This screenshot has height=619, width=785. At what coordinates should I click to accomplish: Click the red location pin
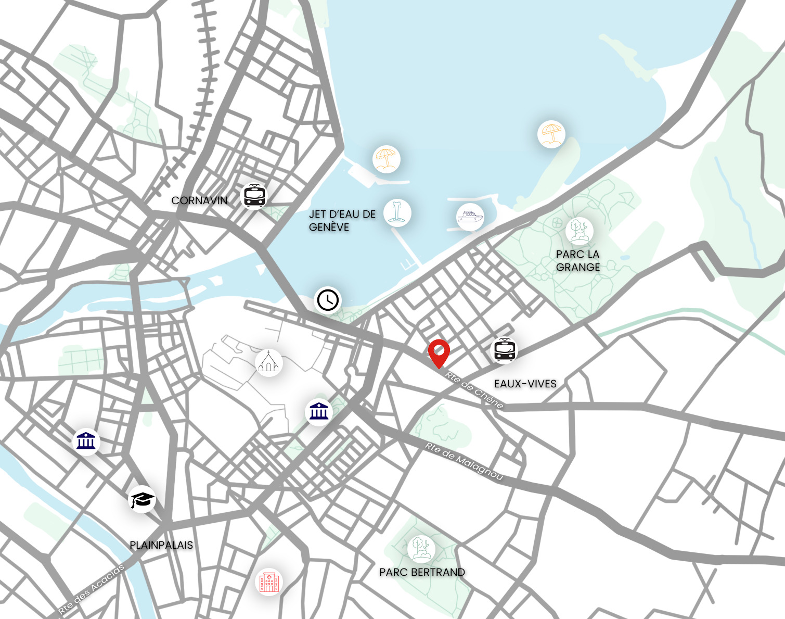tap(439, 352)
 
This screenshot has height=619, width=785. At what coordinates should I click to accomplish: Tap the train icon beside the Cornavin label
tap(254, 196)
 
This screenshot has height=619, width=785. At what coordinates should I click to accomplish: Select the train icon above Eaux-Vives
tap(505, 350)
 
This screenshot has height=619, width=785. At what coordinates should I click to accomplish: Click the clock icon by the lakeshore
tap(328, 300)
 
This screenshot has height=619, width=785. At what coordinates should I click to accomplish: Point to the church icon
tap(268, 362)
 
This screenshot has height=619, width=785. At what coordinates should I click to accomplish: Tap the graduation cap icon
tap(142, 500)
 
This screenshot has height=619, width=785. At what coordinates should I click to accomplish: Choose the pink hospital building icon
tap(269, 582)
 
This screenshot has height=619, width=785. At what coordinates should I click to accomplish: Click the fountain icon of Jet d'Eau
tap(397, 213)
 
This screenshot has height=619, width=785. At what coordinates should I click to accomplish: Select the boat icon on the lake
tap(470, 216)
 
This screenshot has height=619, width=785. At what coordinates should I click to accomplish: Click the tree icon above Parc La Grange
tap(579, 231)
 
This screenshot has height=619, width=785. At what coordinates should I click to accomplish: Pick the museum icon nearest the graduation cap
tap(86, 441)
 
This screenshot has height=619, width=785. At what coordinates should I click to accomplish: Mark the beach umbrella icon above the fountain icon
tap(386, 159)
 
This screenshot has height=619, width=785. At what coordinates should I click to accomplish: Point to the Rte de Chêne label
tap(474, 389)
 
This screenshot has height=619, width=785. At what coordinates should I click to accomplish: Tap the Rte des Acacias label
tap(92, 589)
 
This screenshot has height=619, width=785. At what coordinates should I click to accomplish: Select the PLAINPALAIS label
tap(161, 545)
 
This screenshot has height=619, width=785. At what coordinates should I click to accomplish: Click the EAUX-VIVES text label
tap(525, 384)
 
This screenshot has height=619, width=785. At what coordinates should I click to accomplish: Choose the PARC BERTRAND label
tap(422, 572)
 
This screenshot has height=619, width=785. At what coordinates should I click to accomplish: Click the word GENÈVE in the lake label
tap(329, 227)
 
